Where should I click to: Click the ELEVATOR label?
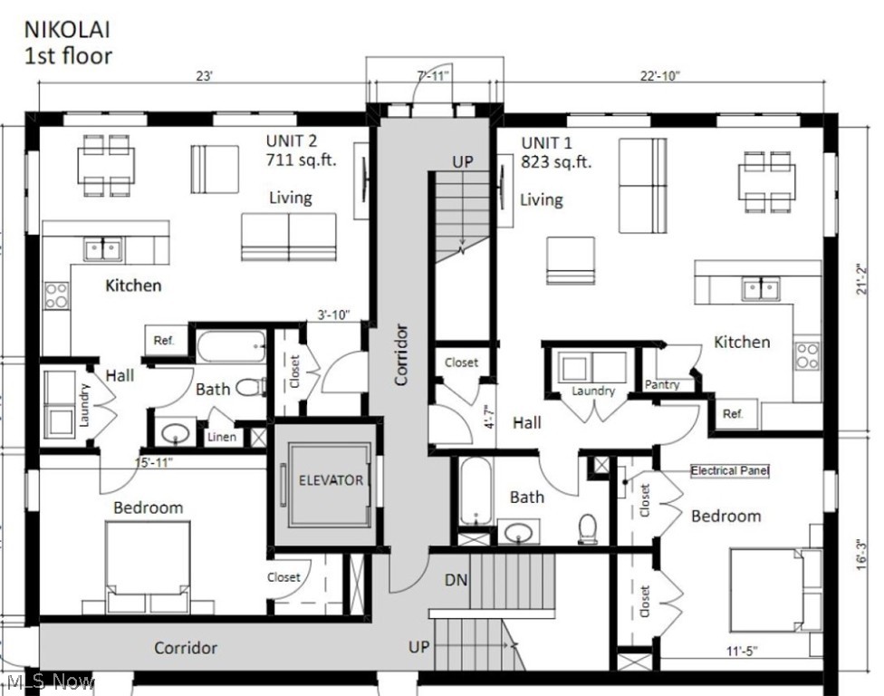331,480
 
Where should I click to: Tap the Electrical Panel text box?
729,471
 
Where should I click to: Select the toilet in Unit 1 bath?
588,527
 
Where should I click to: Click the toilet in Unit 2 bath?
247,388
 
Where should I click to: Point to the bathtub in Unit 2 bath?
232,346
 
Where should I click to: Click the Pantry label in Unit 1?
662,385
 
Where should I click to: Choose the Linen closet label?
222,437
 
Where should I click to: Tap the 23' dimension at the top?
204,77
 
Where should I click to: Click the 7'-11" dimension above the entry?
434,76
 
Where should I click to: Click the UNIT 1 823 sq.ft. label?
555,153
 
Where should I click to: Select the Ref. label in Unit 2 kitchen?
164,341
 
